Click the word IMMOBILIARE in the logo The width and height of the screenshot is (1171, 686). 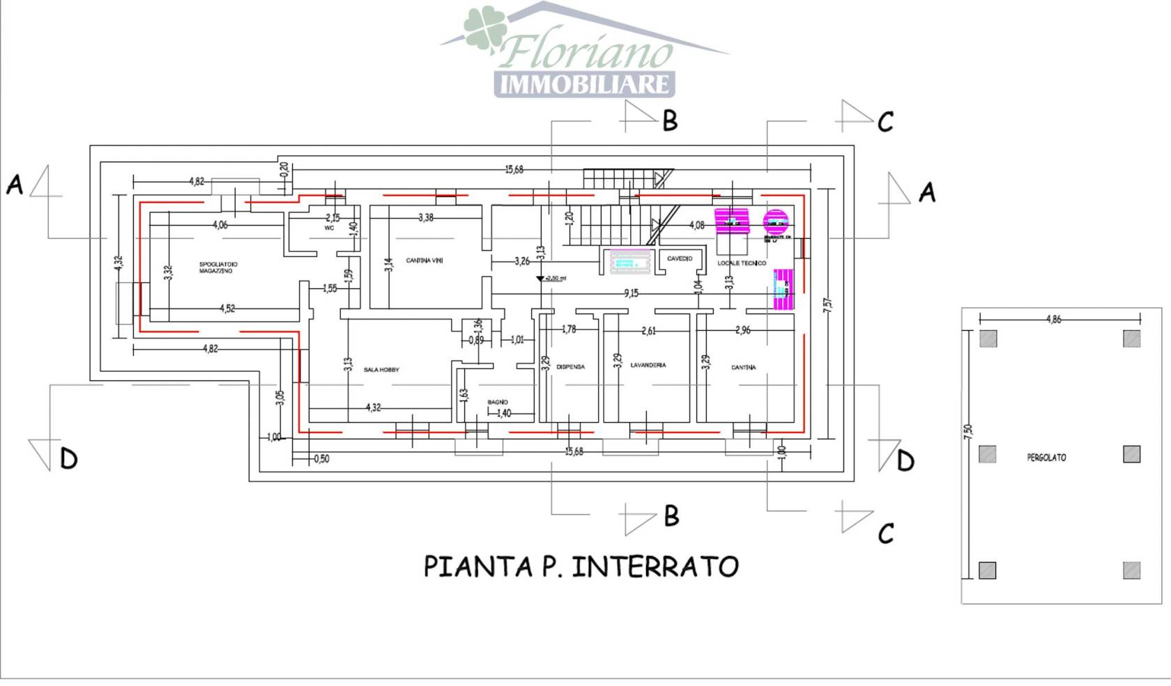[585, 84]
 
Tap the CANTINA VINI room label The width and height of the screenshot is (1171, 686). [424, 260]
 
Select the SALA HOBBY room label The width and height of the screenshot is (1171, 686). [381, 370]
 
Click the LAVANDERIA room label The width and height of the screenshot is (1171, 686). [648, 365]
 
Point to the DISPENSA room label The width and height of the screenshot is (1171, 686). [570, 367]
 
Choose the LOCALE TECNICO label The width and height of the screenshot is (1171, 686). [742, 263]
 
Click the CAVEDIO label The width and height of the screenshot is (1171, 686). [680, 258]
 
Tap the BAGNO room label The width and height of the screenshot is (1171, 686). [498, 402]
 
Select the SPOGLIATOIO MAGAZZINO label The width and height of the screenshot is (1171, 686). [218, 267]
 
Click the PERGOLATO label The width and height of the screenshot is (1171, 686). [1046, 458]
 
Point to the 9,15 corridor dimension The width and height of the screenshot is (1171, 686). [631, 293]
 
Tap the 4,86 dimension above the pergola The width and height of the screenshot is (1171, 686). [1053, 319]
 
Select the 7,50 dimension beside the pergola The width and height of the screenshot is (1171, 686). [968, 432]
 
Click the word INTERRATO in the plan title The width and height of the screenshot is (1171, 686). [655, 566]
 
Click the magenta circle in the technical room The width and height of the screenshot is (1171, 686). [775, 221]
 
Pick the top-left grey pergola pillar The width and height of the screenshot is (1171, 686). [988, 338]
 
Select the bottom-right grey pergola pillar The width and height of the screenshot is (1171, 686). [1132, 570]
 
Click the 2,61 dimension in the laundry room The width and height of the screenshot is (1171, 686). [648, 331]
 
